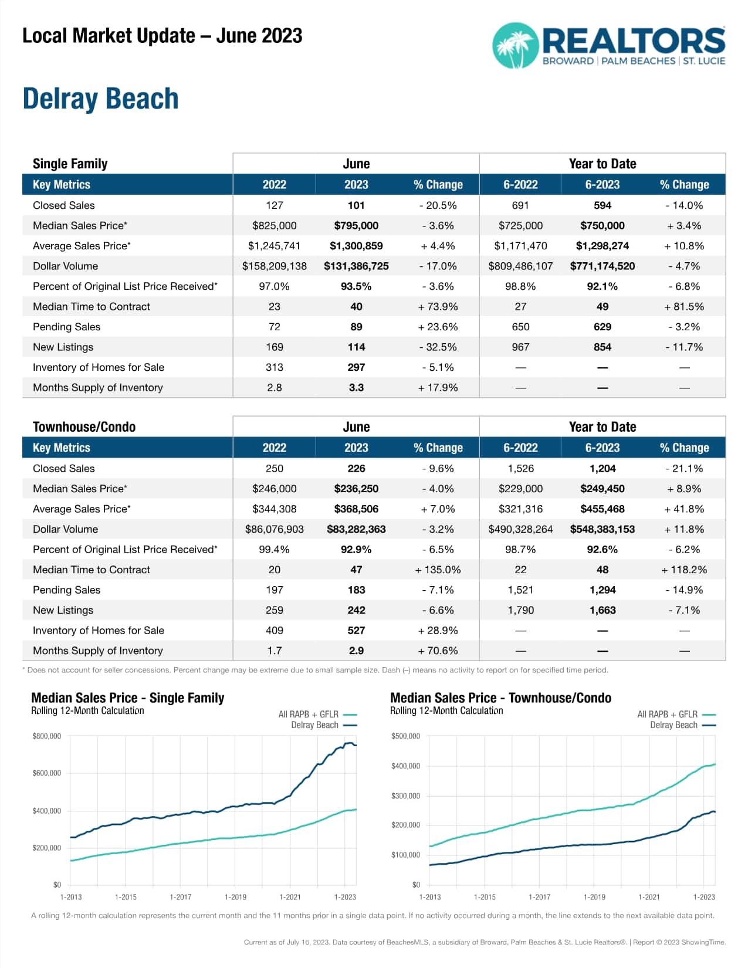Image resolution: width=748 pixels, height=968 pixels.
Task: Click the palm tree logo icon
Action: [515, 46]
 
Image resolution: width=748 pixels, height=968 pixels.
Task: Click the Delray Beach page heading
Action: [100, 99]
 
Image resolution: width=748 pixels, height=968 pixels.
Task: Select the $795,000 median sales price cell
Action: [356, 226]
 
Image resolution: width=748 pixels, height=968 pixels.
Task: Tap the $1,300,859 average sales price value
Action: [356, 246]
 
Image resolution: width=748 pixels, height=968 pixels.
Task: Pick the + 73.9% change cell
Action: [438, 307]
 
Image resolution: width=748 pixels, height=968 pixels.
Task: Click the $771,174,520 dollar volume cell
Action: [602, 266]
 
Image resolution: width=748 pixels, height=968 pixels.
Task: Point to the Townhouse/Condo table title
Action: [84, 427]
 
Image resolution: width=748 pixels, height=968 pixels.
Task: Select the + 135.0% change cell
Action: [438, 570]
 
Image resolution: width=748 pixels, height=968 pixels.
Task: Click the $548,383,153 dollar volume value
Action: [602, 529]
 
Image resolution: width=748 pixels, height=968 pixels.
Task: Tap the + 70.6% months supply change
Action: [438, 651]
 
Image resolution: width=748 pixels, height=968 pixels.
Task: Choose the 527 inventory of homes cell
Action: [356, 631]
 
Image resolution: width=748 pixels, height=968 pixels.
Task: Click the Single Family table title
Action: [70, 164]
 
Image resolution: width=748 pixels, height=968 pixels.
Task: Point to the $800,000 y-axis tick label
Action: [46, 736]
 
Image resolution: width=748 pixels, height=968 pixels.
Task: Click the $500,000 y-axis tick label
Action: [405, 736]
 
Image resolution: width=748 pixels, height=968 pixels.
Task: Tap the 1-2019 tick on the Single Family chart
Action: [235, 897]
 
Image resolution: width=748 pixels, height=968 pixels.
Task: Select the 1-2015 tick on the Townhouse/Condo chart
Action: [485, 897]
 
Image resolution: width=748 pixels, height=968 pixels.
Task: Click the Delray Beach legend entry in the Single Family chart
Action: [323, 725]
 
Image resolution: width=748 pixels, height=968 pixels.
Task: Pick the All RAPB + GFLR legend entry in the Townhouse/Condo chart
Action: [676, 715]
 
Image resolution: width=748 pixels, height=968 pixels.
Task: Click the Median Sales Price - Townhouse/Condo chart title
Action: [500, 698]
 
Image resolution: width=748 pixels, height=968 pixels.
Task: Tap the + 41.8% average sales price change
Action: [683, 509]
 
